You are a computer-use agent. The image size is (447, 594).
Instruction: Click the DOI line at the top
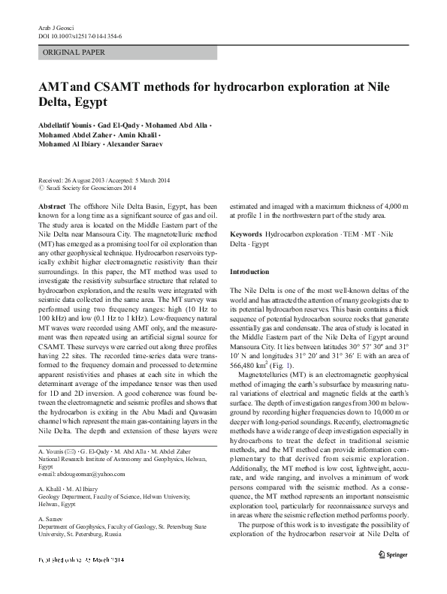(72, 35)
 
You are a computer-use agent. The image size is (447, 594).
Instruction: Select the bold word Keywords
(246, 234)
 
